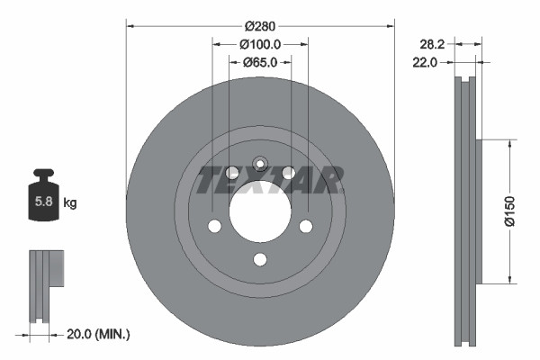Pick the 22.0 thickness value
[x=424, y=62]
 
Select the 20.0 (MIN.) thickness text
[x=99, y=334]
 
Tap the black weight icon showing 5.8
[x=43, y=197]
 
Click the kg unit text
[x=70, y=203]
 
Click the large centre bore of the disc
[x=260, y=211]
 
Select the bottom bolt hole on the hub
[x=260, y=260]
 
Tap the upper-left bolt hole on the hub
[x=232, y=173]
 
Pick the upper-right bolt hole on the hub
[x=288, y=173]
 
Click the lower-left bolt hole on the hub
[x=215, y=225]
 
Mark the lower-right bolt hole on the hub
[x=305, y=225]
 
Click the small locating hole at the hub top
[x=260, y=164]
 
